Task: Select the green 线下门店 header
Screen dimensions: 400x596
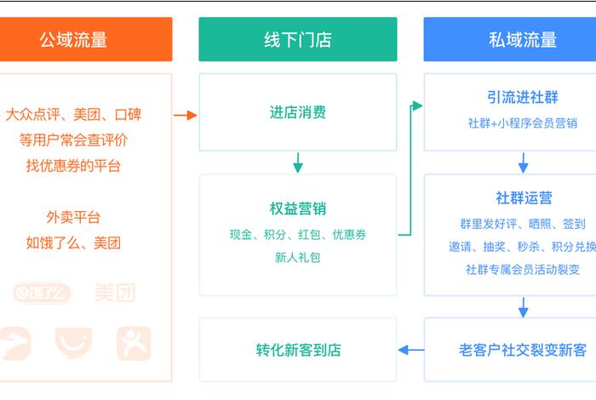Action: tap(297, 39)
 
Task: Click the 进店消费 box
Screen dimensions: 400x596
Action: tap(297, 112)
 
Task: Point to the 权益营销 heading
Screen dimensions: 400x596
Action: tap(297, 209)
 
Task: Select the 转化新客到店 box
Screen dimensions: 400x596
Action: tap(297, 350)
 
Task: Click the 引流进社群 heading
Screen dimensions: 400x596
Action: tap(522, 97)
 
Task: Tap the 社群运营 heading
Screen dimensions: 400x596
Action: tap(524, 197)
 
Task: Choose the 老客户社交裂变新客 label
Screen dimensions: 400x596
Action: tap(522, 350)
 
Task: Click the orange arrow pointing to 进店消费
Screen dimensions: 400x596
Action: tap(185, 114)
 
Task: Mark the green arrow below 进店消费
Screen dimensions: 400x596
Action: tap(298, 162)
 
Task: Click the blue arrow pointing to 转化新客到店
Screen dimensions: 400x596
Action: tap(411, 349)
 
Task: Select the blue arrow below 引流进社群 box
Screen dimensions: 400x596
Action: tap(523, 162)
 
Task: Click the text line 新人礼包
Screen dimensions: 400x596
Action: tap(297, 257)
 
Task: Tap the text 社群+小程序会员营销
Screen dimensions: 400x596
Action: tap(522, 123)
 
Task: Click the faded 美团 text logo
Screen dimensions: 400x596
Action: tap(114, 293)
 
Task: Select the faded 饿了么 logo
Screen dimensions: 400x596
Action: tap(43, 293)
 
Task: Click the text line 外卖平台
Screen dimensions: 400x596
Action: tap(73, 217)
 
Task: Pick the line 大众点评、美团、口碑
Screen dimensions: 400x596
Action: tap(73, 114)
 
